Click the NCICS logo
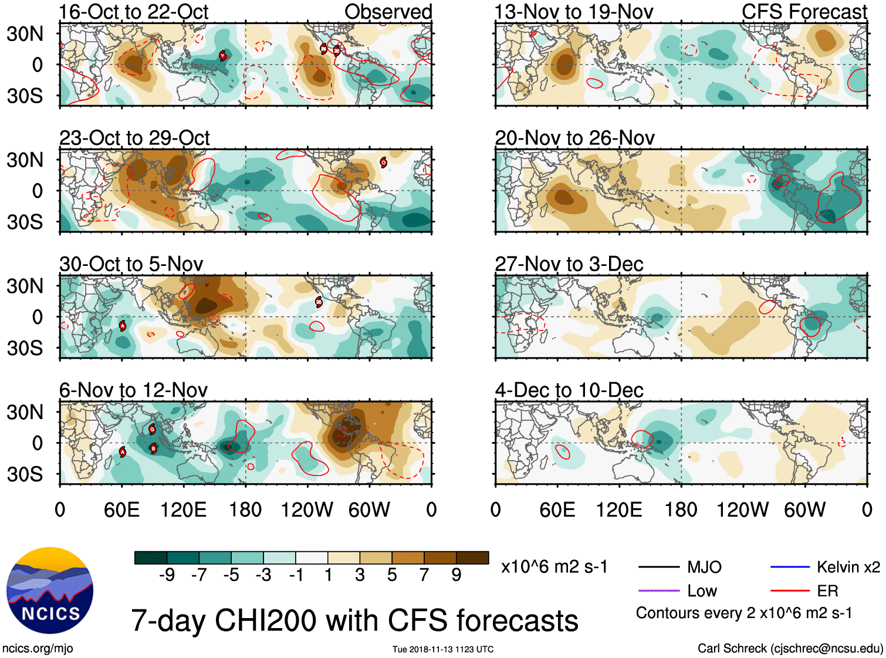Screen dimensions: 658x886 pos(50,590)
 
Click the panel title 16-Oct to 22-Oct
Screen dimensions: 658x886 pos(134,12)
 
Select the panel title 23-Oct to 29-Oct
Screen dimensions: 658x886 pos(134,138)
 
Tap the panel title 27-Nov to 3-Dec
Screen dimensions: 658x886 pos(569,264)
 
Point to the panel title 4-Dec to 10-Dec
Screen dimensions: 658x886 pos(569,390)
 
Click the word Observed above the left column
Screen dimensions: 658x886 pos(388,12)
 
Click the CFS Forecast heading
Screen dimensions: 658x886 pos(804,12)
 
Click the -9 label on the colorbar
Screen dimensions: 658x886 pos(167,575)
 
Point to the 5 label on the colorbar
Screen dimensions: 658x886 pos(392,575)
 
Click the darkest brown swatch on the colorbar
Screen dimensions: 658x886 pos(472,558)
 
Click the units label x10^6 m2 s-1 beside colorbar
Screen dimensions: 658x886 pos(554,567)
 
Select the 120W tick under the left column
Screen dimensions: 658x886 pos(307,509)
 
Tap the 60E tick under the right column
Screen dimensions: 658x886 pos(557,509)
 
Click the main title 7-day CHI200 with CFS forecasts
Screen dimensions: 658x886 pos(354,620)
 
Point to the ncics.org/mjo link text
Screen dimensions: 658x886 pos(38,649)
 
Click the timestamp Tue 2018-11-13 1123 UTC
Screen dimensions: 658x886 pos(443,649)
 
